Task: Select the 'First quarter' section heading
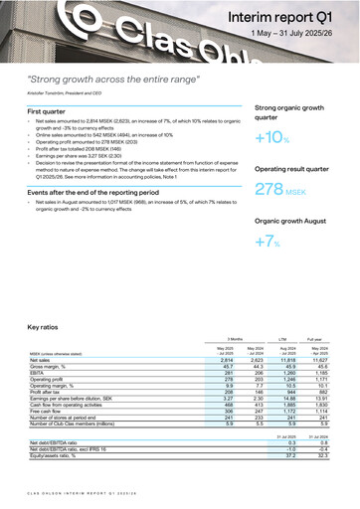point(54,113)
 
